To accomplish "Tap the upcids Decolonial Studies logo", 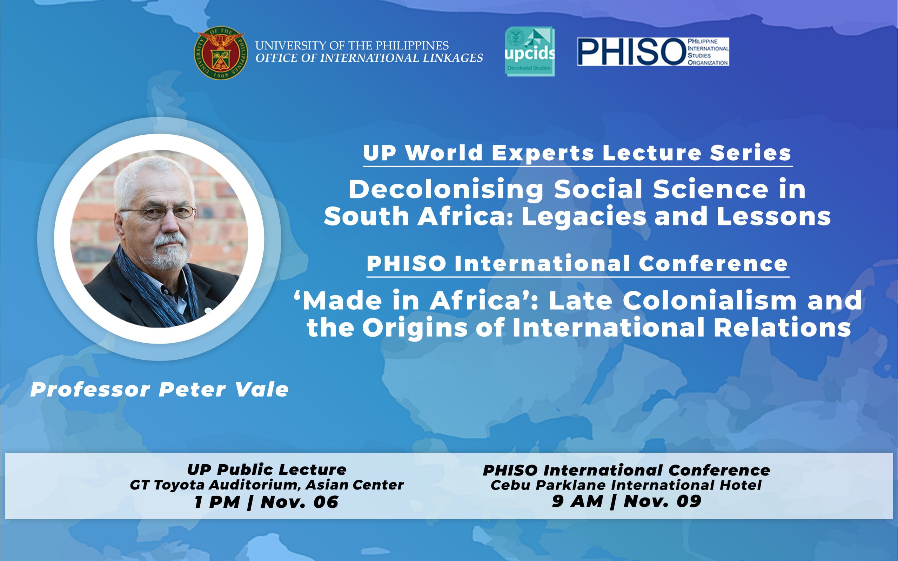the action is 530,51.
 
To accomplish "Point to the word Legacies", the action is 584,216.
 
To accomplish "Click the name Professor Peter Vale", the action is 160,390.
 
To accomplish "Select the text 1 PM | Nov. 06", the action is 267,502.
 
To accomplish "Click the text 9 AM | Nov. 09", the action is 626,502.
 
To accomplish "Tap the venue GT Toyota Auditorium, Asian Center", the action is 267,485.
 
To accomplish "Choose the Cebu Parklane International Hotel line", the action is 626,485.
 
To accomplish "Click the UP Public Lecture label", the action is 267,470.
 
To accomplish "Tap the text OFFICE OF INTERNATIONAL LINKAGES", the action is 369,58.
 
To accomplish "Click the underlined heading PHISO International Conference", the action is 577,263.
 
